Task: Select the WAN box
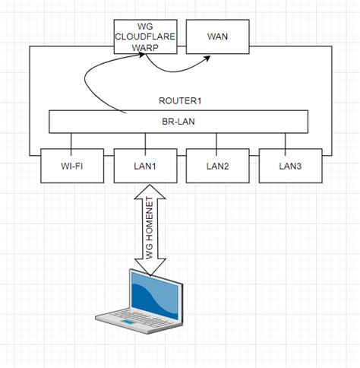click(217, 36)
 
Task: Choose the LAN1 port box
click(144, 165)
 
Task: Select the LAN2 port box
click(217, 165)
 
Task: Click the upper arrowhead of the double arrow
click(144, 193)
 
